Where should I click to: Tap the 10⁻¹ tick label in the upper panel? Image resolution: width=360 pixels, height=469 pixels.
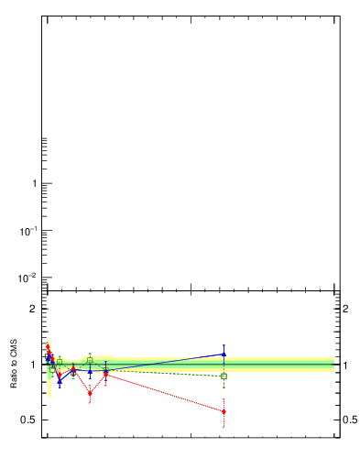tap(29, 230)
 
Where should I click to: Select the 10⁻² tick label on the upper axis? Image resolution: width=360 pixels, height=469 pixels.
tap(29, 278)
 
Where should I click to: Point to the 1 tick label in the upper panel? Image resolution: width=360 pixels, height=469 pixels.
tap(35, 184)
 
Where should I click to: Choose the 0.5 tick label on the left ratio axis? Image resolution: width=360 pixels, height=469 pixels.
tap(29, 420)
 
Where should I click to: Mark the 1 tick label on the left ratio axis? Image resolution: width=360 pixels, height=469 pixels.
tap(34, 365)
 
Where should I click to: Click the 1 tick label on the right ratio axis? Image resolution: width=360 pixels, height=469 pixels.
tap(345, 365)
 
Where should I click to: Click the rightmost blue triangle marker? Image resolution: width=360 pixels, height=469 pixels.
tap(224, 354)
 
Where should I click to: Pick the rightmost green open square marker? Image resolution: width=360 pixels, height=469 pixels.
tap(224, 376)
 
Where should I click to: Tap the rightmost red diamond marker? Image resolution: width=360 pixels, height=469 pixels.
tap(224, 412)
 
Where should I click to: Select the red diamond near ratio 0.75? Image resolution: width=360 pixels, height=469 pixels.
tap(90, 394)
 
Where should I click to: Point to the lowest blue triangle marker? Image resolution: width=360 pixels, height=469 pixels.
tap(60, 381)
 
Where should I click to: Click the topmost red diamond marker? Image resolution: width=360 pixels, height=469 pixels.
tap(48, 346)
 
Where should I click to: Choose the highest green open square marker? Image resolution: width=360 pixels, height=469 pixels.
tap(90, 360)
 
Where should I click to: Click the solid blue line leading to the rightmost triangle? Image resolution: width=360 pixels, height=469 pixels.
tap(165, 363)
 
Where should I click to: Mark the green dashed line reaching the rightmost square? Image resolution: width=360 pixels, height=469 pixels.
tap(165, 374)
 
